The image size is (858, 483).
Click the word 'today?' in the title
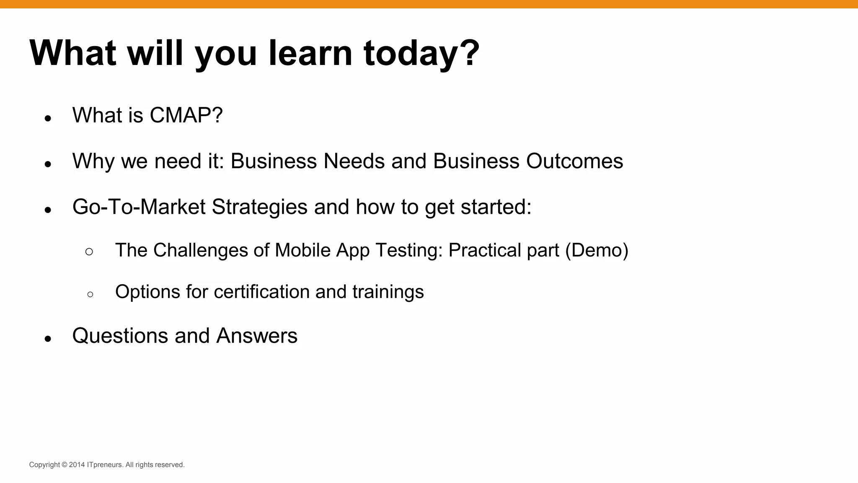pyautogui.click(x=421, y=54)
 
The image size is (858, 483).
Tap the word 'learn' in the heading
pyautogui.click(x=310, y=53)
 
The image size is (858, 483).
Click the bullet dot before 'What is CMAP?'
pyautogui.click(x=48, y=119)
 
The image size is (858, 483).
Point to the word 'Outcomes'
pyautogui.click(x=574, y=161)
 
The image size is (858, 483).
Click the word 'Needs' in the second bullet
pyautogui.click(x=354, y=161)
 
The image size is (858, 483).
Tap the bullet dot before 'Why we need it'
pyautogui.click(x=48, y=164)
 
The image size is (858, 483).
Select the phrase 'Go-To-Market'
pyautogui.click(x=139, y=207)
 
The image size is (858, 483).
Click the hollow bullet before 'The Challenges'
pyautogui.click(x=89, y=252)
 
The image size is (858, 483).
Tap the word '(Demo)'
pyautogui.click(x=597, y=250)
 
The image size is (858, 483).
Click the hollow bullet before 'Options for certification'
pyautogui.click(x=90, y=294)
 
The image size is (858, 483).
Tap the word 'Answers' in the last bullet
pyautogui.click(x=256, y=336)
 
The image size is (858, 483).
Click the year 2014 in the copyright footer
pyautogui.click(x=77, y=465)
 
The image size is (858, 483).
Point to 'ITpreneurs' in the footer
pyautogui.click(x=105, y=465)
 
